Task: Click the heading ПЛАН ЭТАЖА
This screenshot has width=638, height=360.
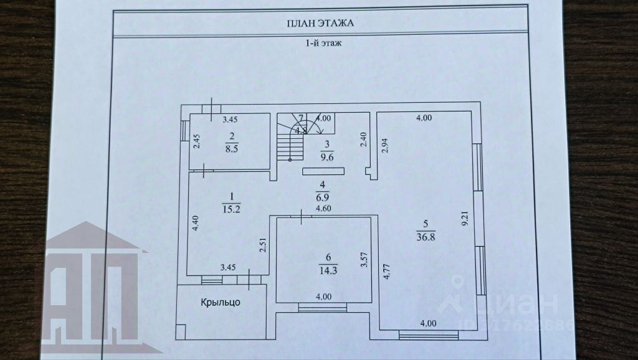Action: point(321,24)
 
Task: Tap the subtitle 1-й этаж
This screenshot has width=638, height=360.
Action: point(322,44)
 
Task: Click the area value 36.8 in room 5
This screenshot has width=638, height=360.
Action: point(426,235)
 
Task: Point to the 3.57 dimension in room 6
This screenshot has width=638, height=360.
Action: point(364,259)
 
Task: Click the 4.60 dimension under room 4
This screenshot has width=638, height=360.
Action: point(323,209)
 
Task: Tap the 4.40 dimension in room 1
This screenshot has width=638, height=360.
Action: point(195,223)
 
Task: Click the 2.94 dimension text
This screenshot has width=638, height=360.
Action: point(385,145)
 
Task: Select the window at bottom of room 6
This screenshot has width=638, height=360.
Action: point(322,306)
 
